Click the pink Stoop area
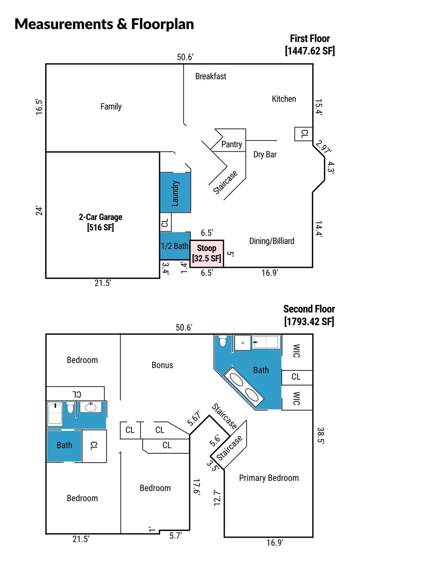pyautogui.click(x=207, y=253)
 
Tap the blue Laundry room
pyautogui.click(x=175, y=192)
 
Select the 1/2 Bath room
pyautogui.click(x=175, y=246)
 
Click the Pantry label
pyautogui.click(x=232, y=144)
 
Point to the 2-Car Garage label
pyautogui.click(x=100, y=222)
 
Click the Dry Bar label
pyautogui.click(x=265, y=155)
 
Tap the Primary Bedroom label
pyautogui.click(x=269, y=478)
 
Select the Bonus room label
pyautogui.click(x=162, y=365)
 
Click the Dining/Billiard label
pyautogui.click(x=272, y=241)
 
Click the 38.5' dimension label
pyautogui.click(x=320, y=436)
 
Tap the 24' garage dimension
pyautogui.click(x=39, y=210)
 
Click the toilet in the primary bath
pyautogui.click(x=223, y=341)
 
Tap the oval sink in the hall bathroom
pyautogui.click(x=90, y=408)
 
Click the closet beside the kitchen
pyautogui.click(x=303, y=134)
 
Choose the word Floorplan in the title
pyautogui.click(x=162, y=24)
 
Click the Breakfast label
pyautogui.click(x=211, y=76)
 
